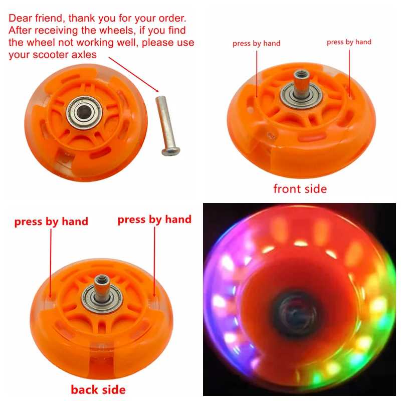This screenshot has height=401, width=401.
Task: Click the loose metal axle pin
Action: tap(167, 126)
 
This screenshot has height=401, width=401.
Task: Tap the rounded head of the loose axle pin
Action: tap(171, 151)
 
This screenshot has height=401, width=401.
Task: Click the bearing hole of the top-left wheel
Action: tap(84, 112)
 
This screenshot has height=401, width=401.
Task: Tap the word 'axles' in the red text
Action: tap(84, 55)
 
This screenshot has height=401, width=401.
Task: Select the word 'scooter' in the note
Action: tap(51, 55)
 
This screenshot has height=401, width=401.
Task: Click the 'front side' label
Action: tap(300, 189)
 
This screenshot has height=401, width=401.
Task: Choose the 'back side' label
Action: tap(98, 389)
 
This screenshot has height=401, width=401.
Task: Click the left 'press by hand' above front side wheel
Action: tap(256, 44)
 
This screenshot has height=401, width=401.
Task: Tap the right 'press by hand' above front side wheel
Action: tap(349, 42)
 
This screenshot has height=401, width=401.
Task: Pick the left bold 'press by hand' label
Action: tap(51, 222)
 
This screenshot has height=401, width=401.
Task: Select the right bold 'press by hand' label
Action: tap(154, 220)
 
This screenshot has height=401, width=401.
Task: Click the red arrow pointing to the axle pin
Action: tap(134, 75)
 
